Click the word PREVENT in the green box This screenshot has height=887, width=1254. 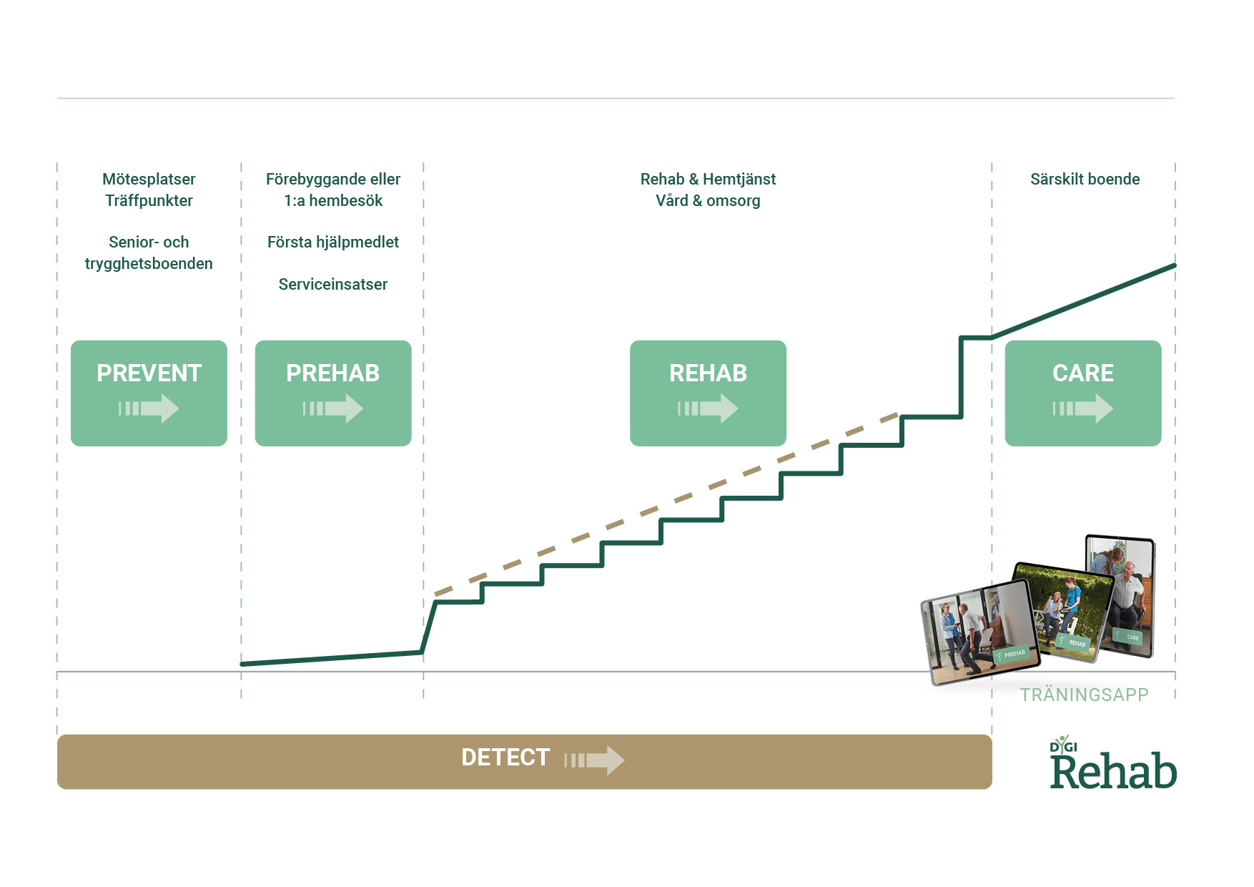pos(149,373)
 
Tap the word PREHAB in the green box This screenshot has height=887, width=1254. pos(332,373)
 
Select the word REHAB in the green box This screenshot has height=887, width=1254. pos(708,373)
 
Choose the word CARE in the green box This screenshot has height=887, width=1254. pos(1082,373)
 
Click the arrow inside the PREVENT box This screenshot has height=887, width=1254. pos(149,408)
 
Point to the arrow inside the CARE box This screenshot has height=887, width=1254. pos(1083,408)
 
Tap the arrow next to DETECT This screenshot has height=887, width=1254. pos(595,760)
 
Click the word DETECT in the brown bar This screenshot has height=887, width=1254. pos(505,758)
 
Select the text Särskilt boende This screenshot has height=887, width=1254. pos(1085,179)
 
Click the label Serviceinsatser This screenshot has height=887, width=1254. pos(332,284)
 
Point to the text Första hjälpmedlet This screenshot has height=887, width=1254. pos(332,242)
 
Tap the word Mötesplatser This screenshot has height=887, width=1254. pos(149,179)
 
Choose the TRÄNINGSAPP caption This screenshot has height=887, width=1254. pos(1084,695)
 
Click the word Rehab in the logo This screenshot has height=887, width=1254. pos(1113,773)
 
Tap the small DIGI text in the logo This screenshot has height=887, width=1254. pos(1063,747)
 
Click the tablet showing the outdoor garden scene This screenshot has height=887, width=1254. pos(1062,612)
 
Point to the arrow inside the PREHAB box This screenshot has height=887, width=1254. pos(333,408)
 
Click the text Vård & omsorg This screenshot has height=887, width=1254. pos(708,200)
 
